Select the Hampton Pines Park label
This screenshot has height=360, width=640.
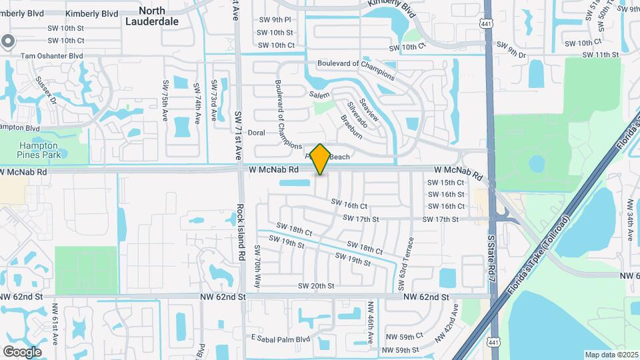39,149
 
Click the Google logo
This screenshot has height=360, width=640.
22,351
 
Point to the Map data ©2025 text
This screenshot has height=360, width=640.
611,354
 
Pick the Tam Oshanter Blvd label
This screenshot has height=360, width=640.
53,57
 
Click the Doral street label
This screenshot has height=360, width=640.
257,133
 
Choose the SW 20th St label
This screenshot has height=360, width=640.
315,285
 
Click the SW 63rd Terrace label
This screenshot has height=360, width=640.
406,263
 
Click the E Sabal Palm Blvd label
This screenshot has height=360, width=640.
281,338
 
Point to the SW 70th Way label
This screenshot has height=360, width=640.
258,262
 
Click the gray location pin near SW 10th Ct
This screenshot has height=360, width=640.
7,42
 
